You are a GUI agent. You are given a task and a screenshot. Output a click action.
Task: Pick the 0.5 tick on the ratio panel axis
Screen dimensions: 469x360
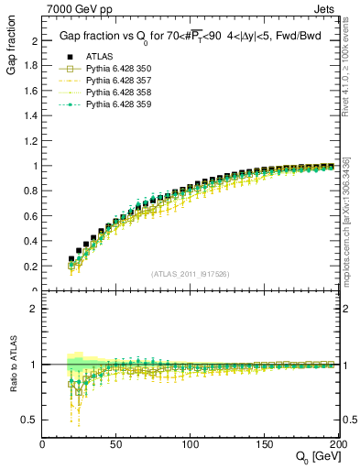click(32, 420)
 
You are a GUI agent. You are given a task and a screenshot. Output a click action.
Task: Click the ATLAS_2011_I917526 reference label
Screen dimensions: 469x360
click(191, 274)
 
